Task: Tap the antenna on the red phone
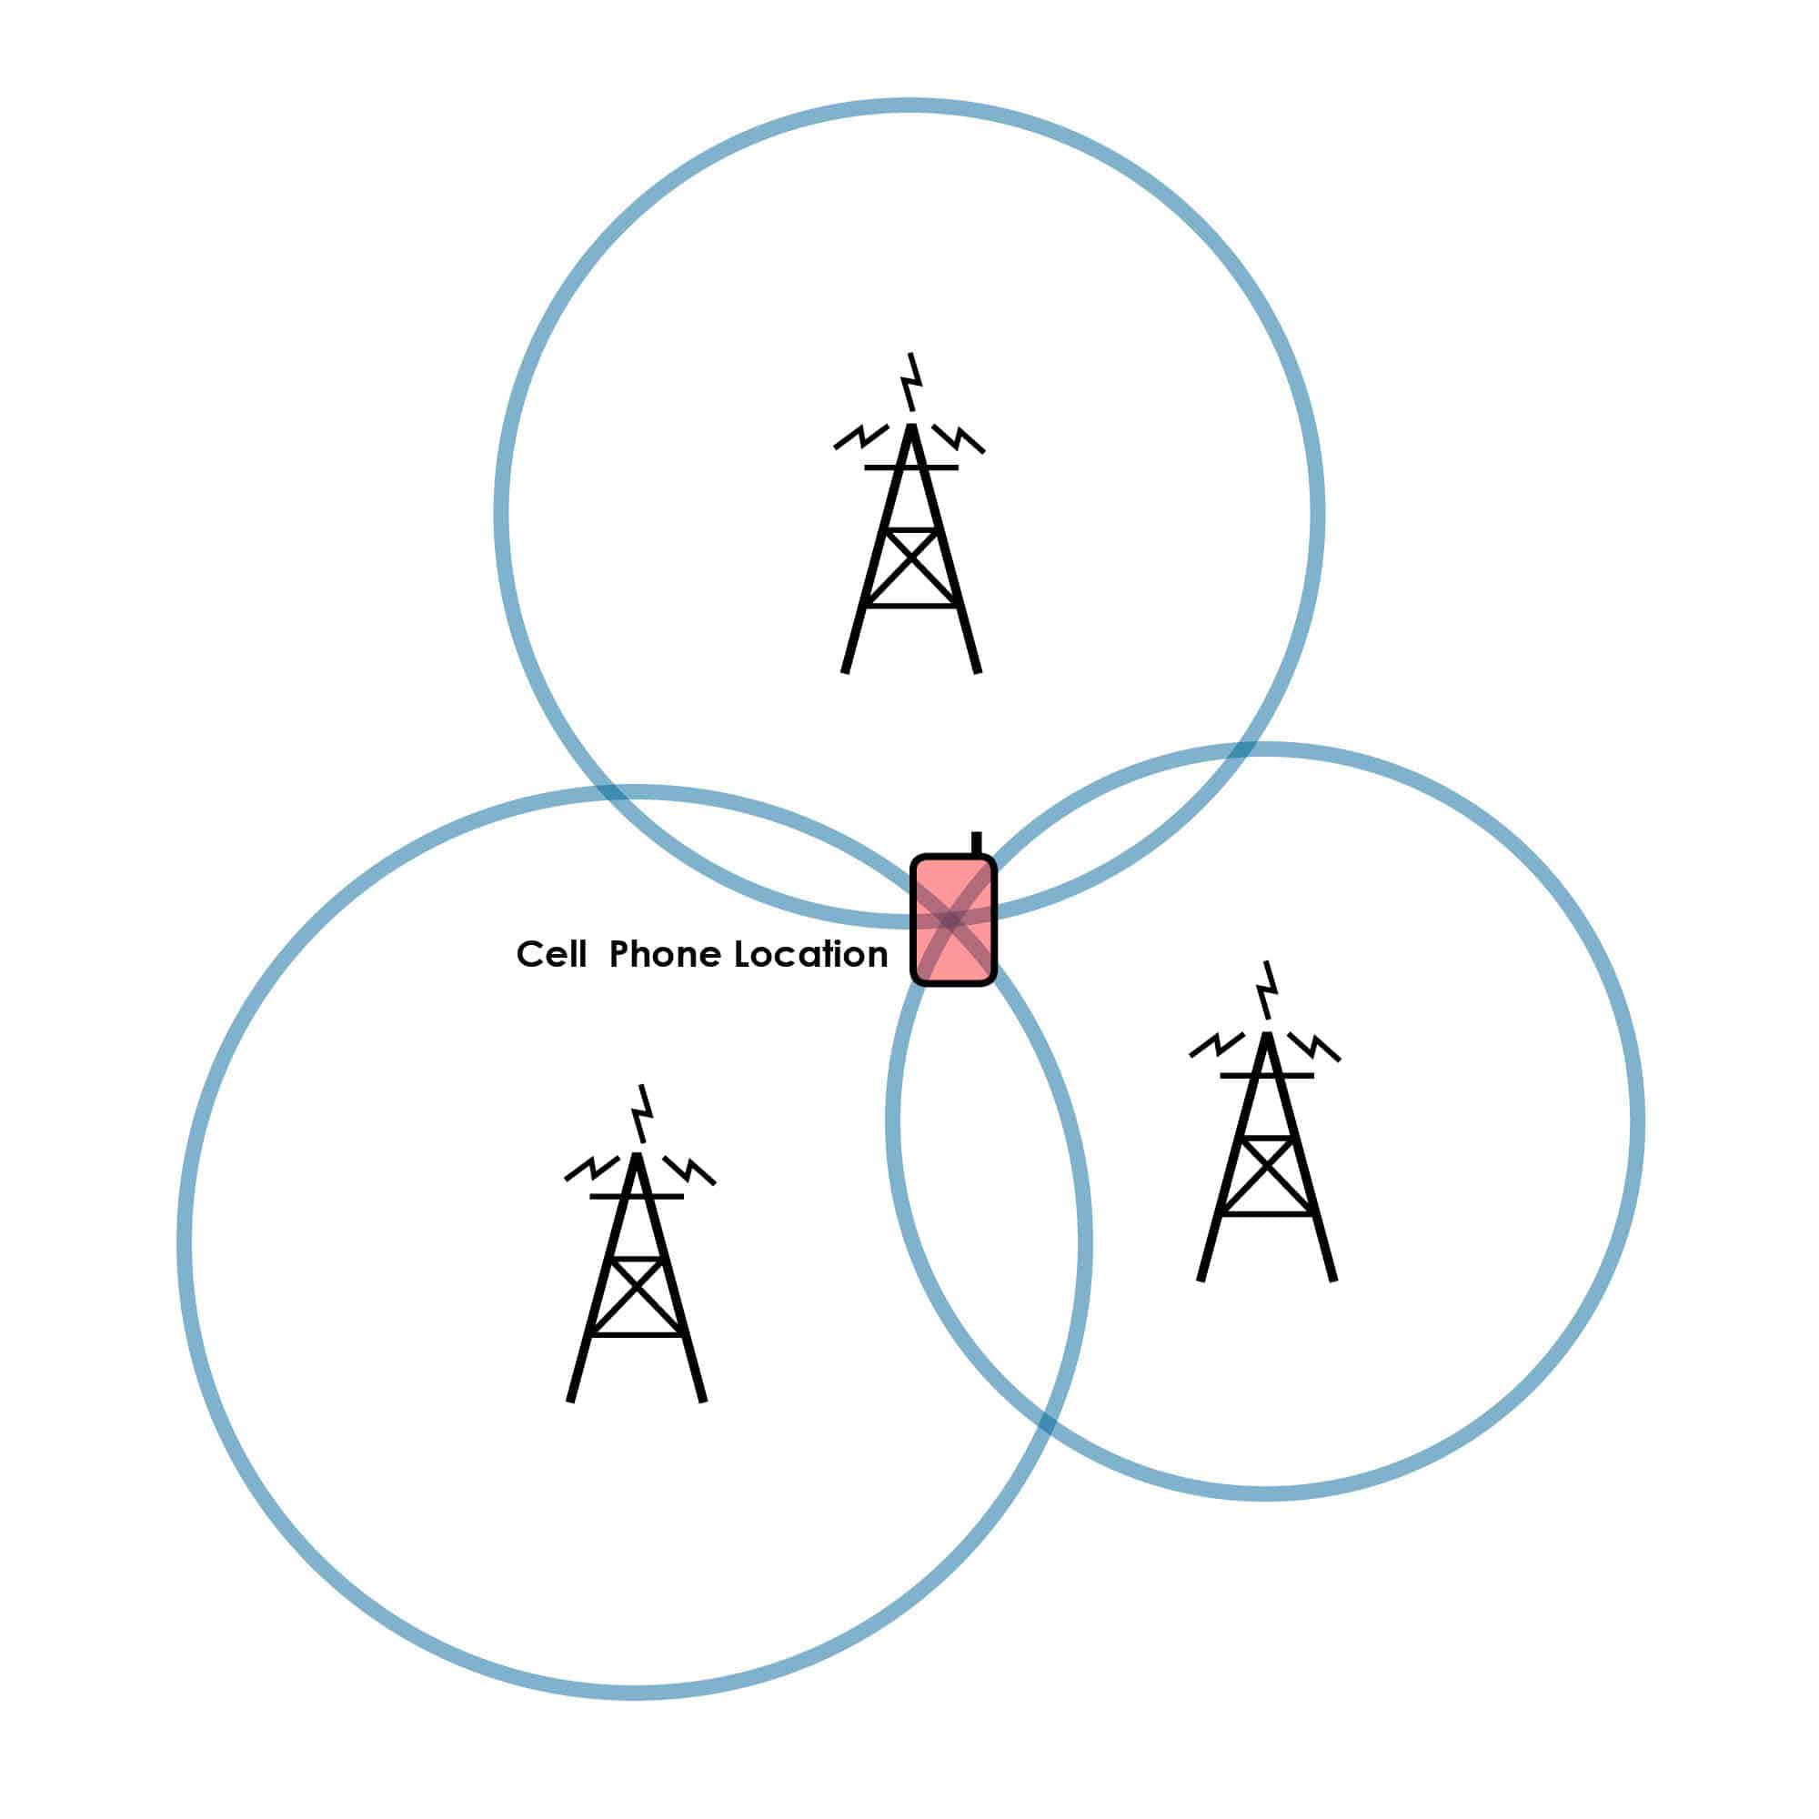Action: [976, 843]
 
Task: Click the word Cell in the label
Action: [551, 955]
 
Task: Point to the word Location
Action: [810, 955]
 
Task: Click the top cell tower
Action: [910, 513]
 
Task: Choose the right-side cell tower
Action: [1266, 1121]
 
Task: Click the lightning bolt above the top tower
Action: [910, 381]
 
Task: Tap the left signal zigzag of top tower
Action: [860, 437]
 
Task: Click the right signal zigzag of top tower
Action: [960, 438]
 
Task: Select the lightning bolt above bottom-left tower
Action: [641, 1113]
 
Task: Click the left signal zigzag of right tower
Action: [1218, 1044]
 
